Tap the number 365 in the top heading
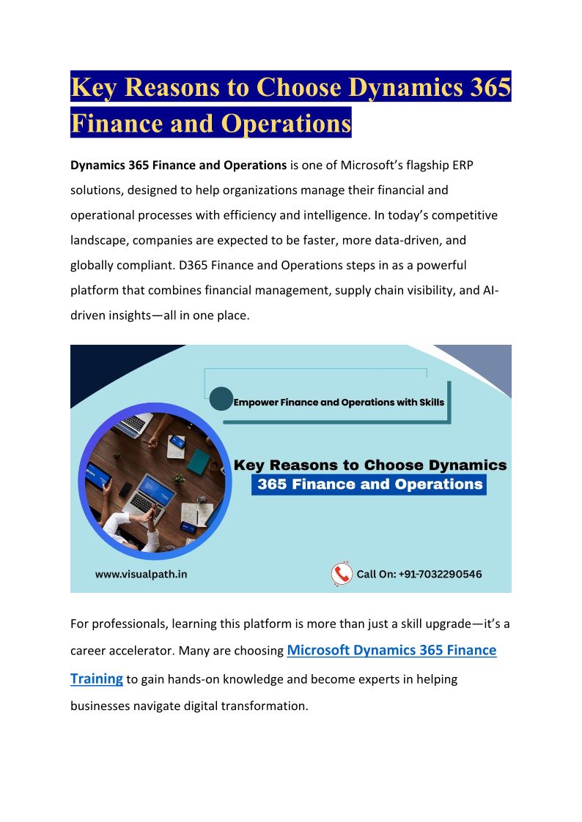tap(487, 87)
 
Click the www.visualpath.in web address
tap(141, 574)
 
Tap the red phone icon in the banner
tap(341, 574)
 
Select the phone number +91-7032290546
tap(440, 574)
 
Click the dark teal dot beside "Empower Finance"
tap(221, 399)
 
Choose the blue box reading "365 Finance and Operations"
tap(369, 485)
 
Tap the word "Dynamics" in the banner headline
tap(466, 465)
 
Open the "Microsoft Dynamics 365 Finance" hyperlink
tap(391, 650)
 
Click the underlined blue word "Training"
tap(96, 679)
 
